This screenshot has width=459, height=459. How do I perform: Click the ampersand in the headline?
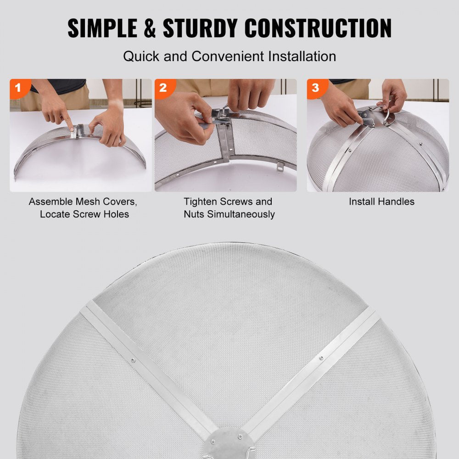[148, 28]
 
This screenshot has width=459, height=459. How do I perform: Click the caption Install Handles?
[381, 202]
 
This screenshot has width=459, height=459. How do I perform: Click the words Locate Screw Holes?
[84, 214]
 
